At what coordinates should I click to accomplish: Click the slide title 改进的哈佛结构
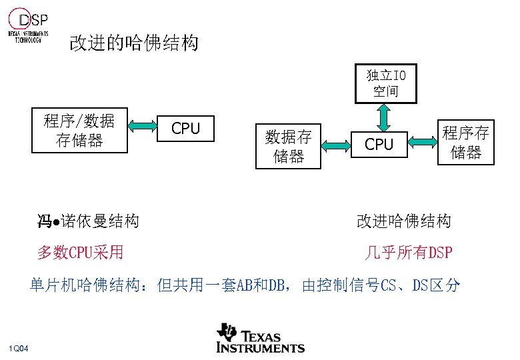tap(133, 44)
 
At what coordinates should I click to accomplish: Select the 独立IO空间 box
tap(385, 83)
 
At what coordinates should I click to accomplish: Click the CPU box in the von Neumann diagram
tap(186, 129)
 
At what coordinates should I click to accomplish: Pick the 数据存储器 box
tap(288, 146)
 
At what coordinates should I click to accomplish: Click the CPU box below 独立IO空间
tap(379, 144)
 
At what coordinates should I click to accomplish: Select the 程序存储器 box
tap(465, 142)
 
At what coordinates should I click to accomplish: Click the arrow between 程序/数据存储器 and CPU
tap(141, 126)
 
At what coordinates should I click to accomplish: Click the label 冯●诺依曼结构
tap(88, 221)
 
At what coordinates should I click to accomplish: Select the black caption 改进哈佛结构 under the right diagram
tap(404, 221)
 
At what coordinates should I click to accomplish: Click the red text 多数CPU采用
tap(80, 252)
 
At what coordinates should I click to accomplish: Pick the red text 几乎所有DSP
tap(408, 253)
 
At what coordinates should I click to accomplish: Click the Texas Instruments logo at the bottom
tap(260, 338)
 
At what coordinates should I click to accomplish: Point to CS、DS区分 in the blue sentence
tap(420, 286)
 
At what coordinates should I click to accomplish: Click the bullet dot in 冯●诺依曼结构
tap(57, 221)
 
